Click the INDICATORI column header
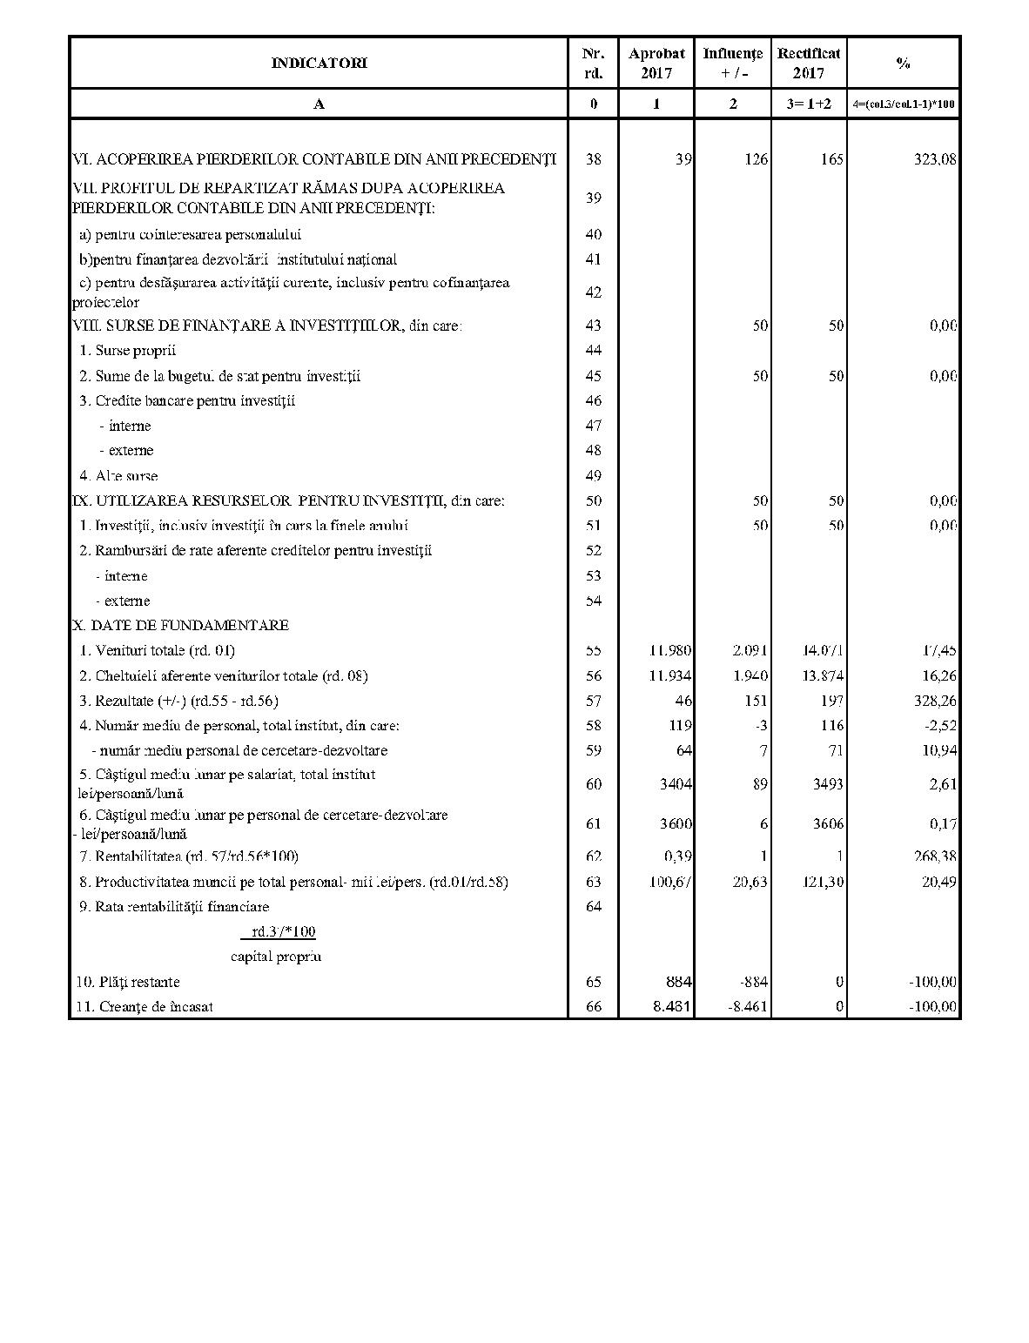click(319, 63)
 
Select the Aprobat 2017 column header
click(656, 63)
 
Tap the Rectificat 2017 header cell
click(809, 63)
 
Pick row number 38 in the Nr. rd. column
click(593, 159)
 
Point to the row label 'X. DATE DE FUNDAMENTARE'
click(180, 625)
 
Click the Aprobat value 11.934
click(670, 675)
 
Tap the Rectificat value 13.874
click(823, 675)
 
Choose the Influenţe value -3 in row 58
click(762, 725)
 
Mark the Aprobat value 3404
click(676, 783)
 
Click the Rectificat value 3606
click(827, 823)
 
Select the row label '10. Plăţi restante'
click(128, 982)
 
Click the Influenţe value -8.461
click(748, 1007)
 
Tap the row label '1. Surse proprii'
click(127, 351)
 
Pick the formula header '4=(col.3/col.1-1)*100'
click(904, 104)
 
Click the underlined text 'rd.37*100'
click(278, 932)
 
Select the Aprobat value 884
click(677, 982)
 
